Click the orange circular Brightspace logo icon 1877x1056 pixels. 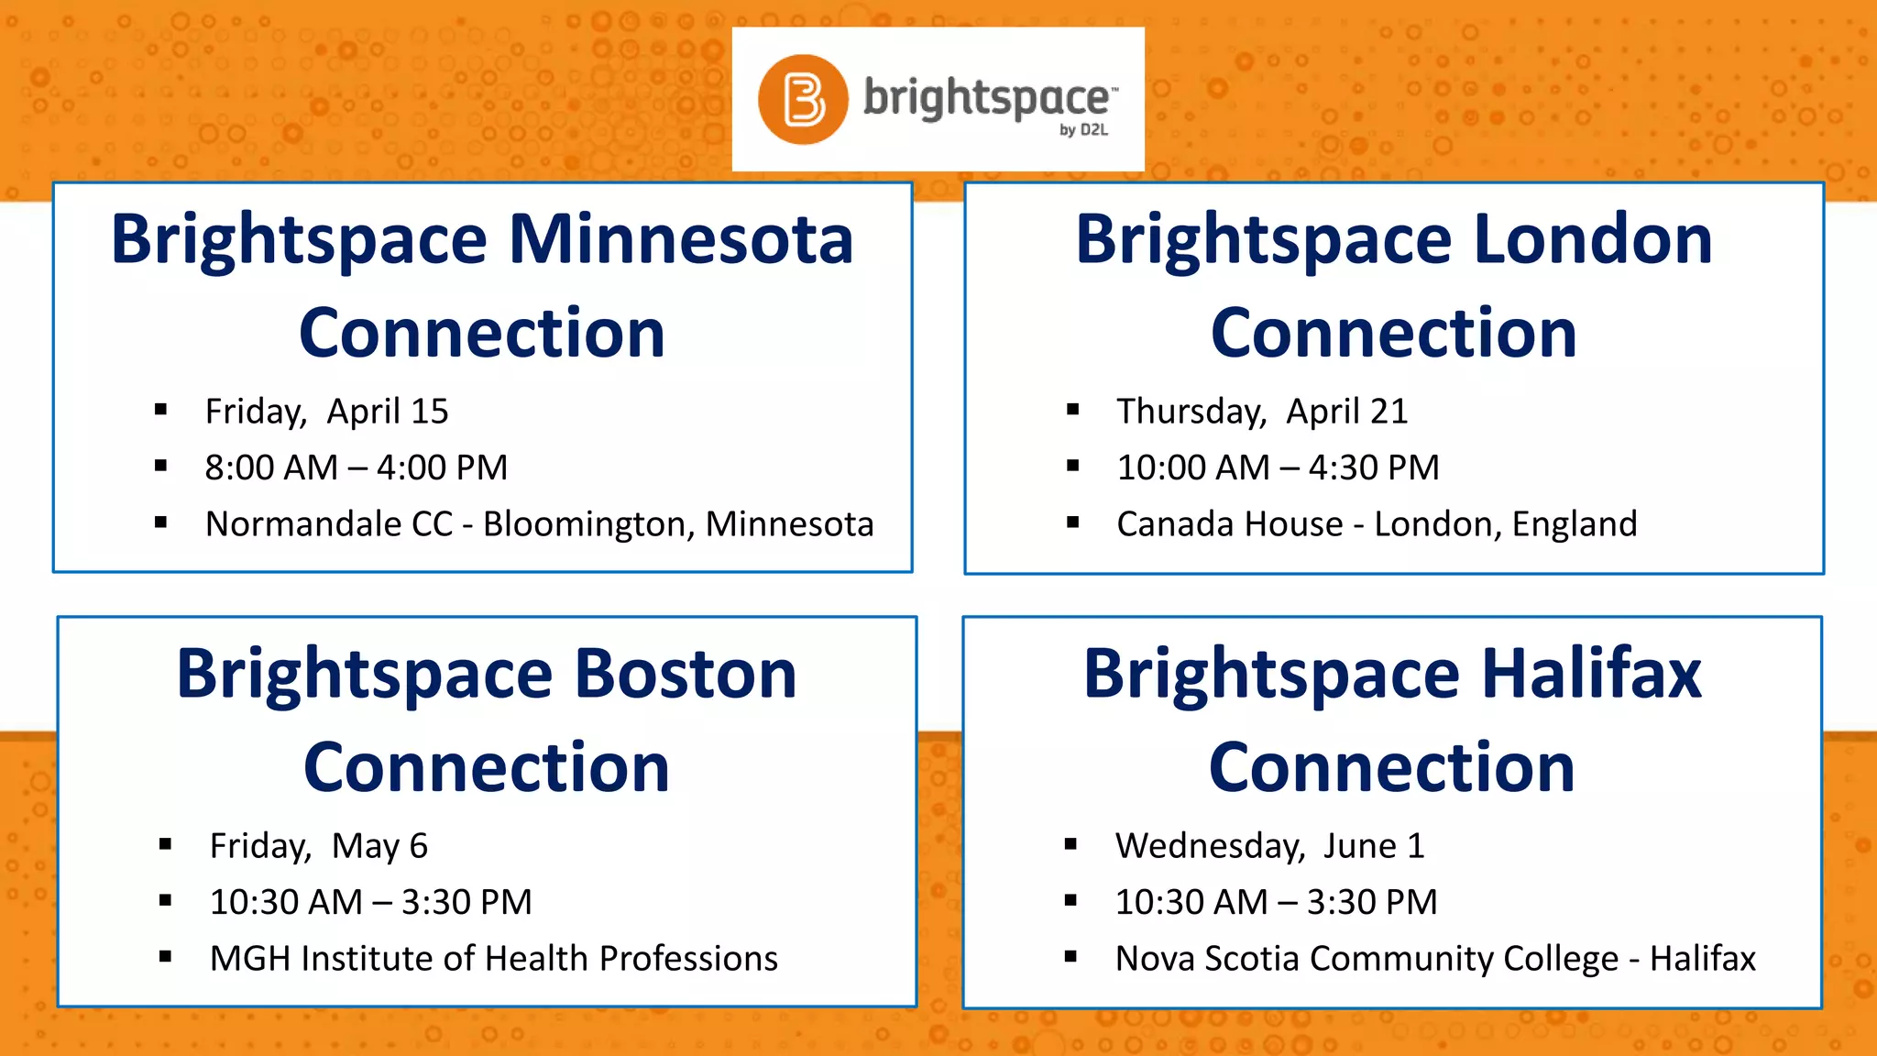coord(803,99)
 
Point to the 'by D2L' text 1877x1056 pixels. coord(1083,130)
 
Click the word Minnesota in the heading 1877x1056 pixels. coord(681,240)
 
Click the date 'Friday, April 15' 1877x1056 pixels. coord(326,412)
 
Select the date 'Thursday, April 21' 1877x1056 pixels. coord(1261,412)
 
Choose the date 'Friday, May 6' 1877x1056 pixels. coord(318,846)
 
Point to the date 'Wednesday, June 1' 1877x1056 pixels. coord(1269,846)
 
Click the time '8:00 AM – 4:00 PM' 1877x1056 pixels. coord(356,467)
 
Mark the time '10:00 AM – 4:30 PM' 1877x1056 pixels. coord(1278,467)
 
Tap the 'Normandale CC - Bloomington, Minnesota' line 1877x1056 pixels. coord(539,524)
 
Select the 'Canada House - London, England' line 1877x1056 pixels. coord(1377,524)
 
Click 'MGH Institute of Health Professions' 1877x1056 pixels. coord(493,959)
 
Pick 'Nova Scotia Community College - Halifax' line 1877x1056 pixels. coord(1435,959)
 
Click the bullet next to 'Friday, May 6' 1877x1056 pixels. coord(165,845)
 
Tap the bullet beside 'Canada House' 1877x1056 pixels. coord(1072,523)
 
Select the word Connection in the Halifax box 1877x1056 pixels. coord(1391,768)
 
